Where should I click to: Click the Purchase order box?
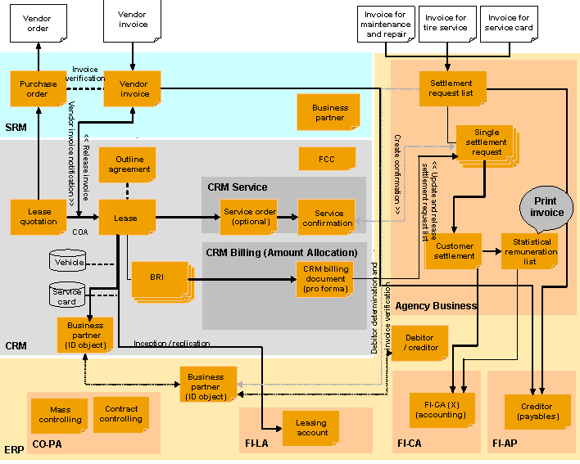(x=38, y=88)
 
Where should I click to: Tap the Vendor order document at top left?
(x=37, y=24)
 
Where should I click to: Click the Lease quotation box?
(x=38, y=217)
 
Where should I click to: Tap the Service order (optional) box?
(x=249, y=217)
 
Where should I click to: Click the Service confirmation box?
(x=327, y=218)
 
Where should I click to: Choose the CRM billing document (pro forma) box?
(x=325, y=278)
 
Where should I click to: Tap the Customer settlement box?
(x=454, y=250)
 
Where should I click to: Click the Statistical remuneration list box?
(x=529, y=251)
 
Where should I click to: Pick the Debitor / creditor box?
(x=419, y=343)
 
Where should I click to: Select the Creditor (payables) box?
(x=537, y=412)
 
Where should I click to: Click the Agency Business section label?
(x=436, y=305)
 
